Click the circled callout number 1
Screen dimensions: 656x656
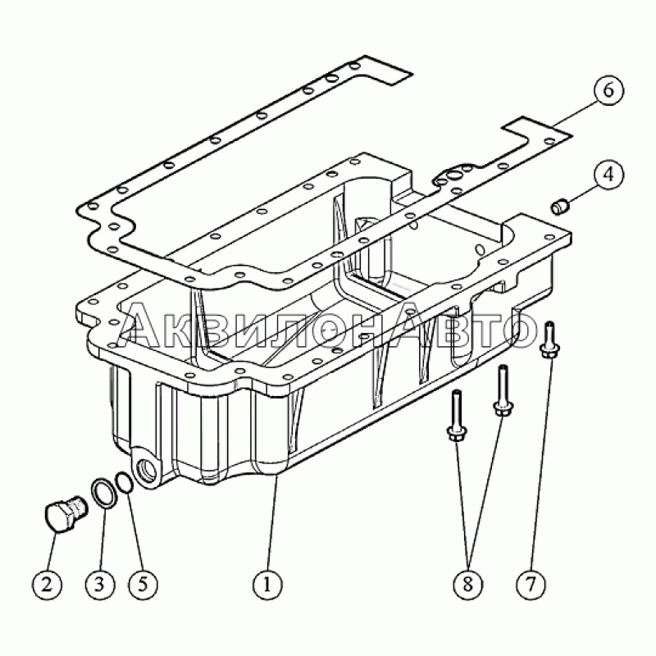267,584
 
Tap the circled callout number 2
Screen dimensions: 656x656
47,584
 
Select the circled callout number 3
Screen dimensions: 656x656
99,584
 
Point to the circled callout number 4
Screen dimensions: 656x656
608,174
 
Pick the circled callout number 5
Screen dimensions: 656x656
143,584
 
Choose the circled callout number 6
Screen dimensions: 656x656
608,90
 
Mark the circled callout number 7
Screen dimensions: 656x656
531,584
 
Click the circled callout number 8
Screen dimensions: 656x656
467,584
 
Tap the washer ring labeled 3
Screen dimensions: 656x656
102,495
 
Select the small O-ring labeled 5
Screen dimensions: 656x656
125,482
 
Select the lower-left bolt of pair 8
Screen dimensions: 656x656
457,415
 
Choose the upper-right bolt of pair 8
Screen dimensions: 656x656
503,390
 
